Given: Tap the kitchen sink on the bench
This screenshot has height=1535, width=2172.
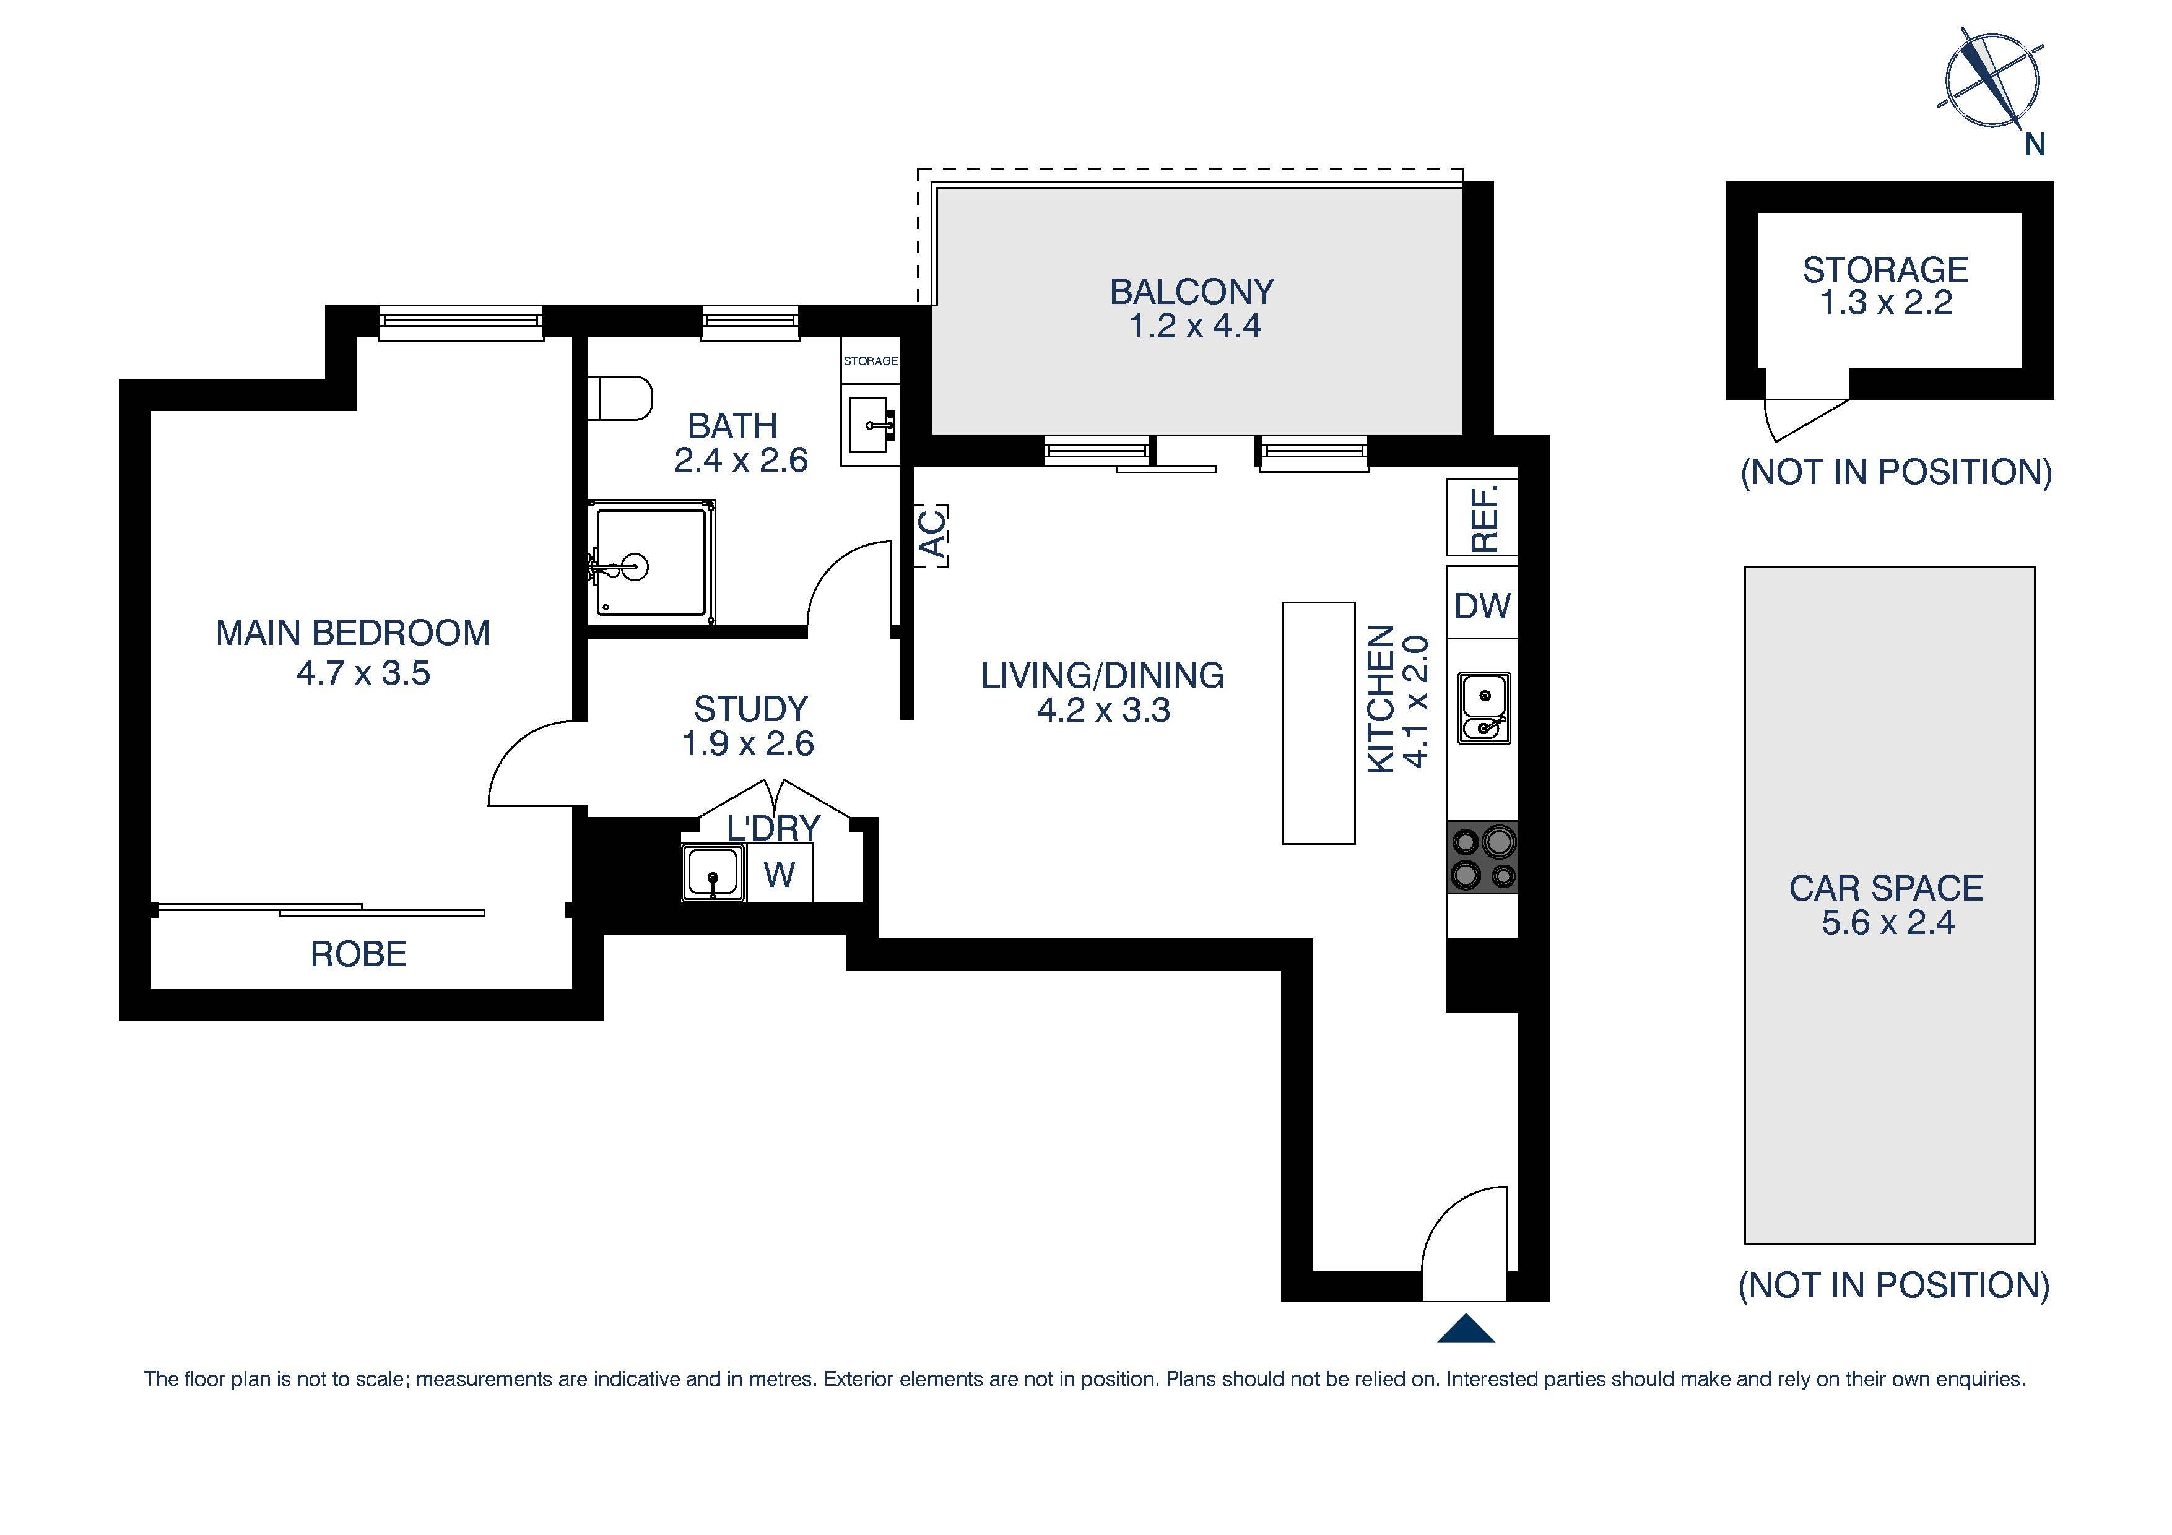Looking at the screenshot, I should point(1483,707).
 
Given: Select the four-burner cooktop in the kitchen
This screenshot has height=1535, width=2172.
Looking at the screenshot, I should point(1482,857).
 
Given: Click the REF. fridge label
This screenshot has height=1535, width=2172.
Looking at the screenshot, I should point(1483,517).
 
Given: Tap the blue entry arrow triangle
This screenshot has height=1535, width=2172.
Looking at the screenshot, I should point(1466,1329).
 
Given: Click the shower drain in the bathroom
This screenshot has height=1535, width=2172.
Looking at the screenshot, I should point(635,568).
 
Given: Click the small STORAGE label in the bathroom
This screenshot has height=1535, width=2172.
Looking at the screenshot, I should point(871,361).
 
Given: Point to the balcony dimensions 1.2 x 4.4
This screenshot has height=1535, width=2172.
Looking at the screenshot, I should point(1194,326).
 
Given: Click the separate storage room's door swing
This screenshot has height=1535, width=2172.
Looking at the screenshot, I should point(1797,416).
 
